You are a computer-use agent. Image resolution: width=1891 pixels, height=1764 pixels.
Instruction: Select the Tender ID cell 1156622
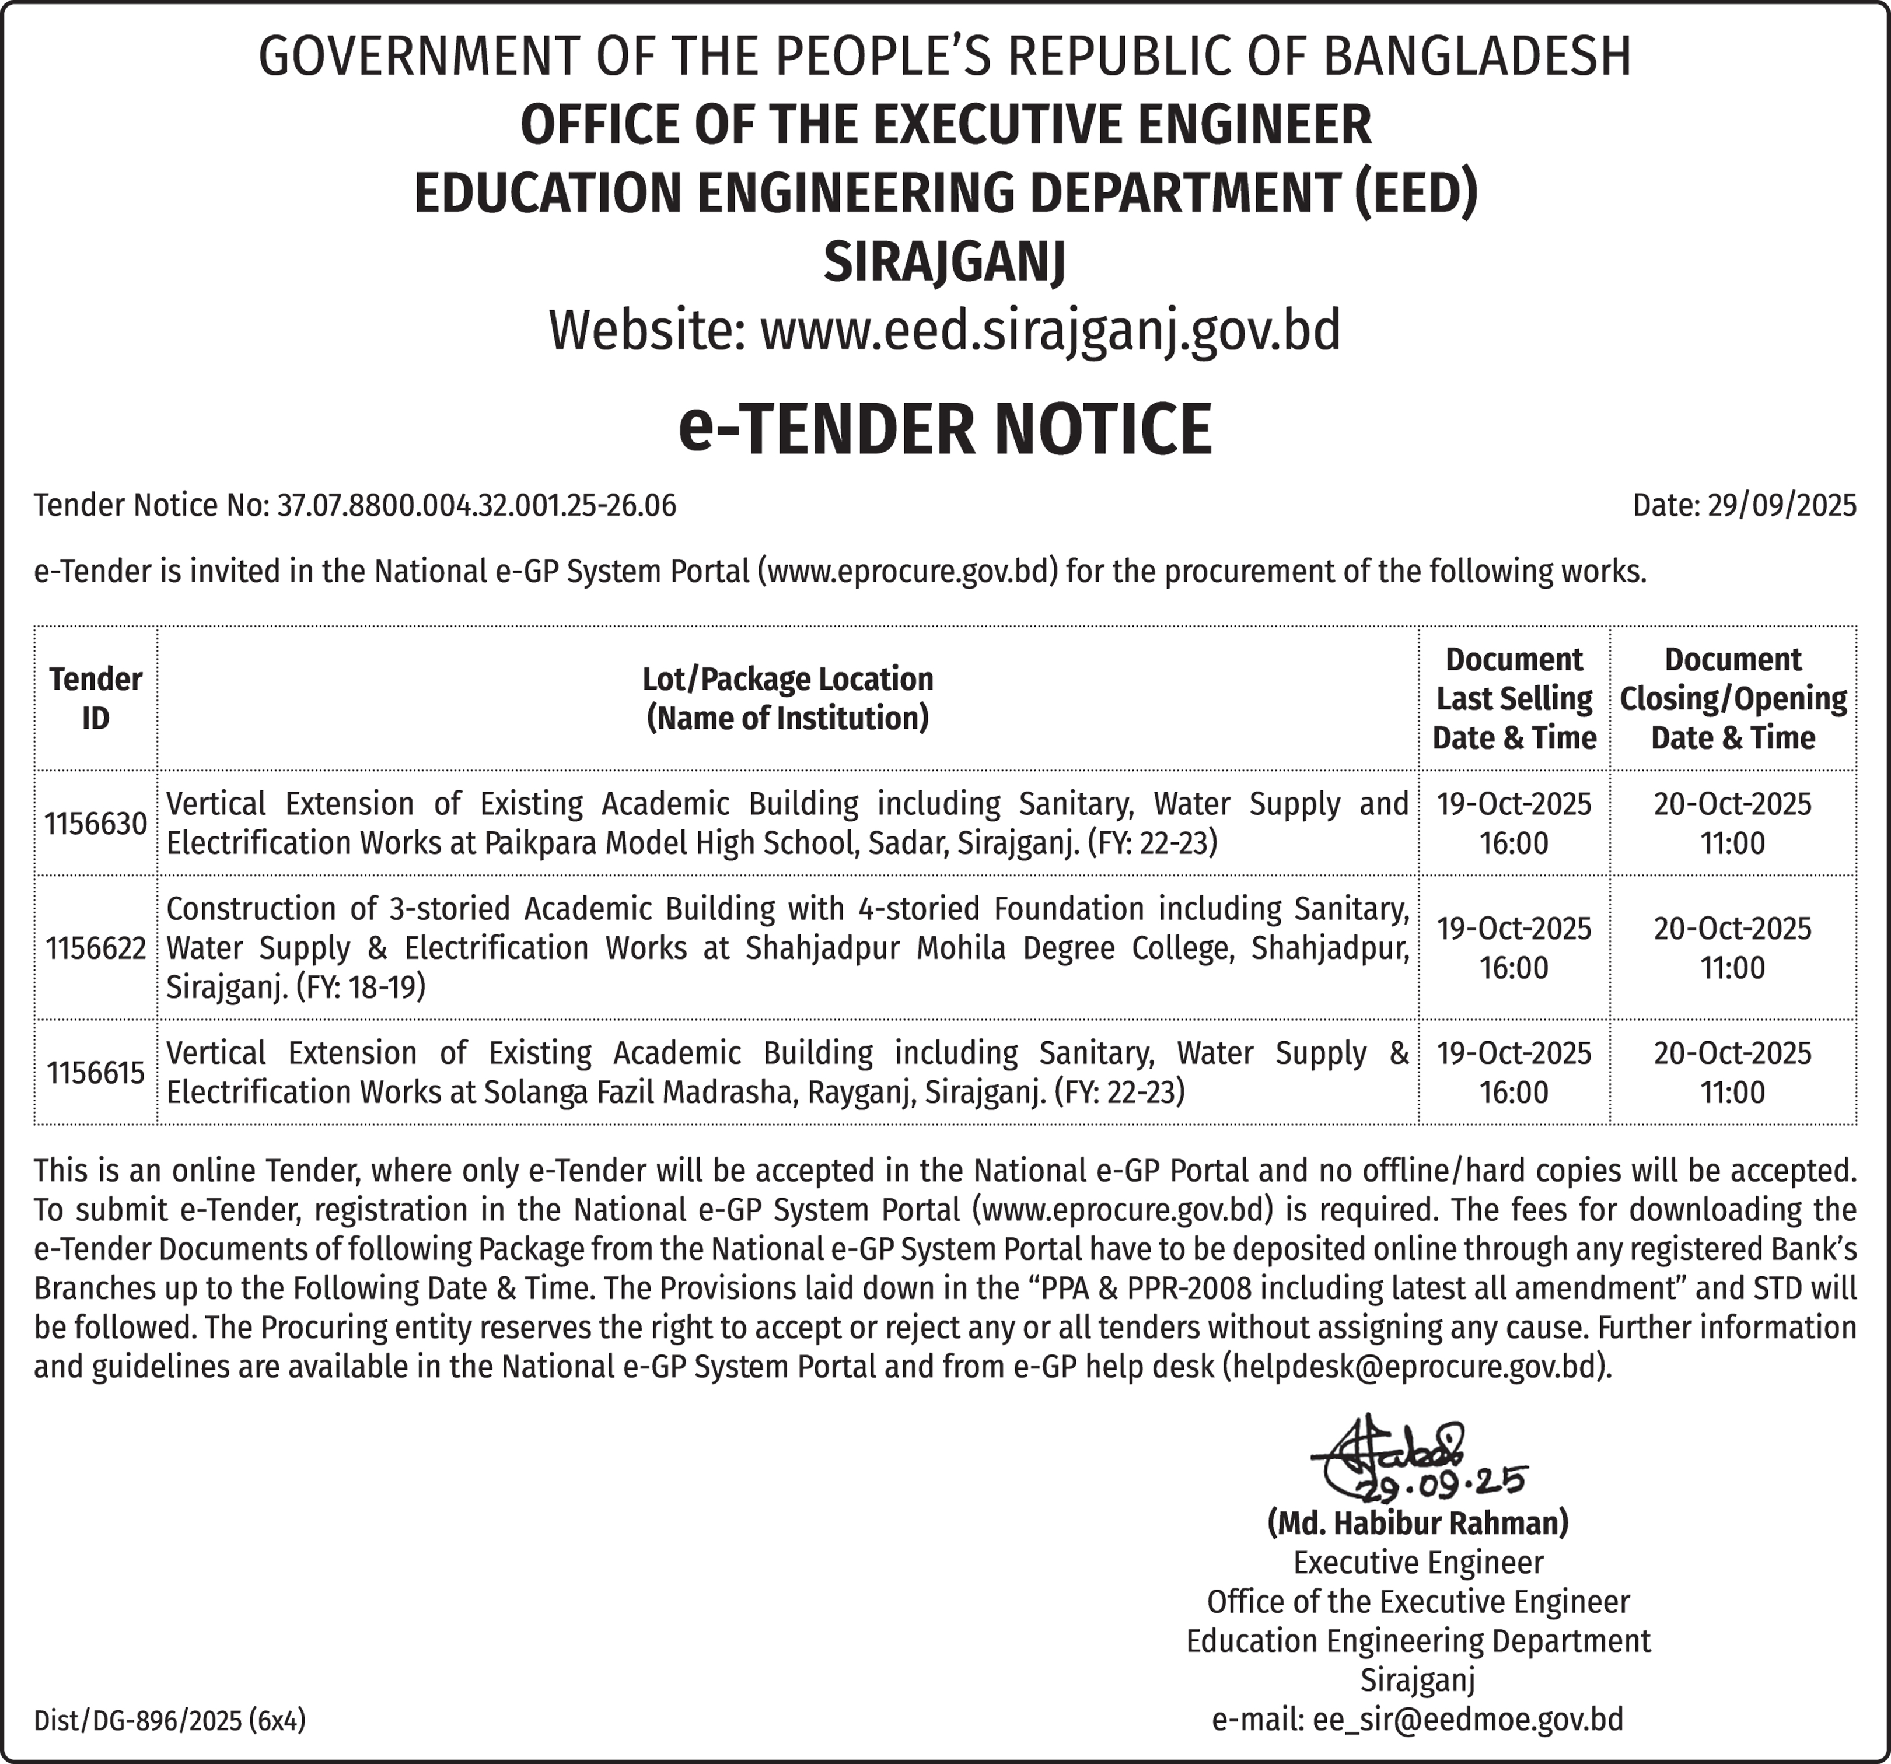(x=95, y=948)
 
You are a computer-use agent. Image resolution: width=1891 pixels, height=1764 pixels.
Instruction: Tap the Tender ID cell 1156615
(x=95, y=1073)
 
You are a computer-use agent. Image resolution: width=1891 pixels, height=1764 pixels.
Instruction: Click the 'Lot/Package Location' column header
(x=788, y=698)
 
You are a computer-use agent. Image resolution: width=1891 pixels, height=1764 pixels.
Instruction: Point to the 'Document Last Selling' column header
(x=1514, y=698)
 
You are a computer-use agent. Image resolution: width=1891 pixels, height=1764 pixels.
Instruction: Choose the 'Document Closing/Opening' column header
(x=1732, y=698)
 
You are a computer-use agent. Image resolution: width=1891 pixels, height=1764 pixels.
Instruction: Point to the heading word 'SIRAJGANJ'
(x=945, y=261)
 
